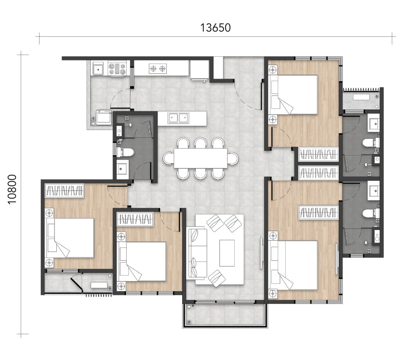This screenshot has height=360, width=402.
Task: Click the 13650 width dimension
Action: pos(215,28)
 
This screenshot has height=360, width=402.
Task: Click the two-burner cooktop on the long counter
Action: pos(158,69)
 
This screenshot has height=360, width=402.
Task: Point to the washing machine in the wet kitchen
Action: pos(104,117)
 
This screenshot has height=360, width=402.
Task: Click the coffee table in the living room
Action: pos(227,253)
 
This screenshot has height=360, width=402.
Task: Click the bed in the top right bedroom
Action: pos(294,94)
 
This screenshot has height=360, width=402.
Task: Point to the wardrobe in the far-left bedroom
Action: pos(65,191)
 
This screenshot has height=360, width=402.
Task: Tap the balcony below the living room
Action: pos(226,315)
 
